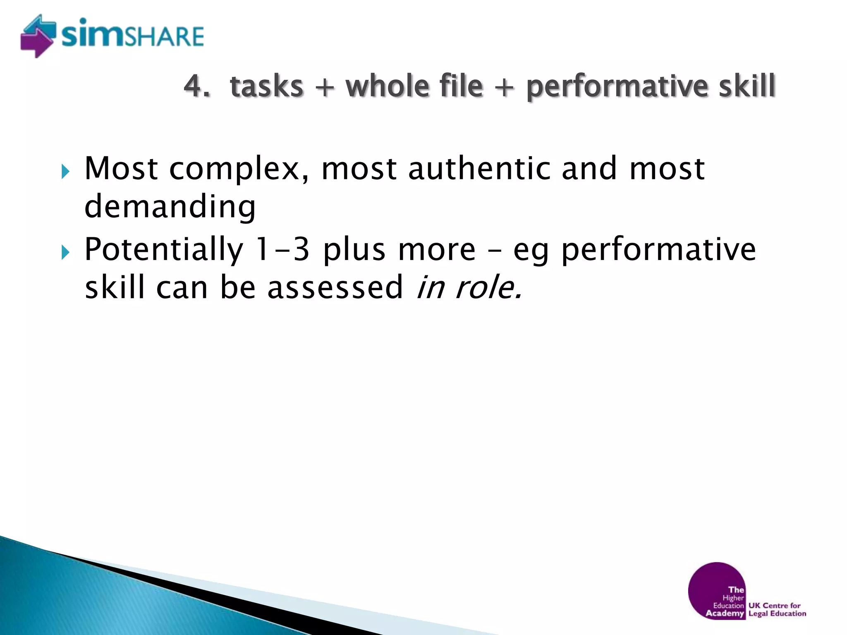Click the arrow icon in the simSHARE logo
37,36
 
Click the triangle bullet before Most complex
65,171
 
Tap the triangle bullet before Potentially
65,252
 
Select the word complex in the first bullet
239,169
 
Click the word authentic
479,168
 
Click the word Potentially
164,250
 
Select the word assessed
335,287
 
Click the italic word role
488,287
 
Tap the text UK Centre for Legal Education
777,609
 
